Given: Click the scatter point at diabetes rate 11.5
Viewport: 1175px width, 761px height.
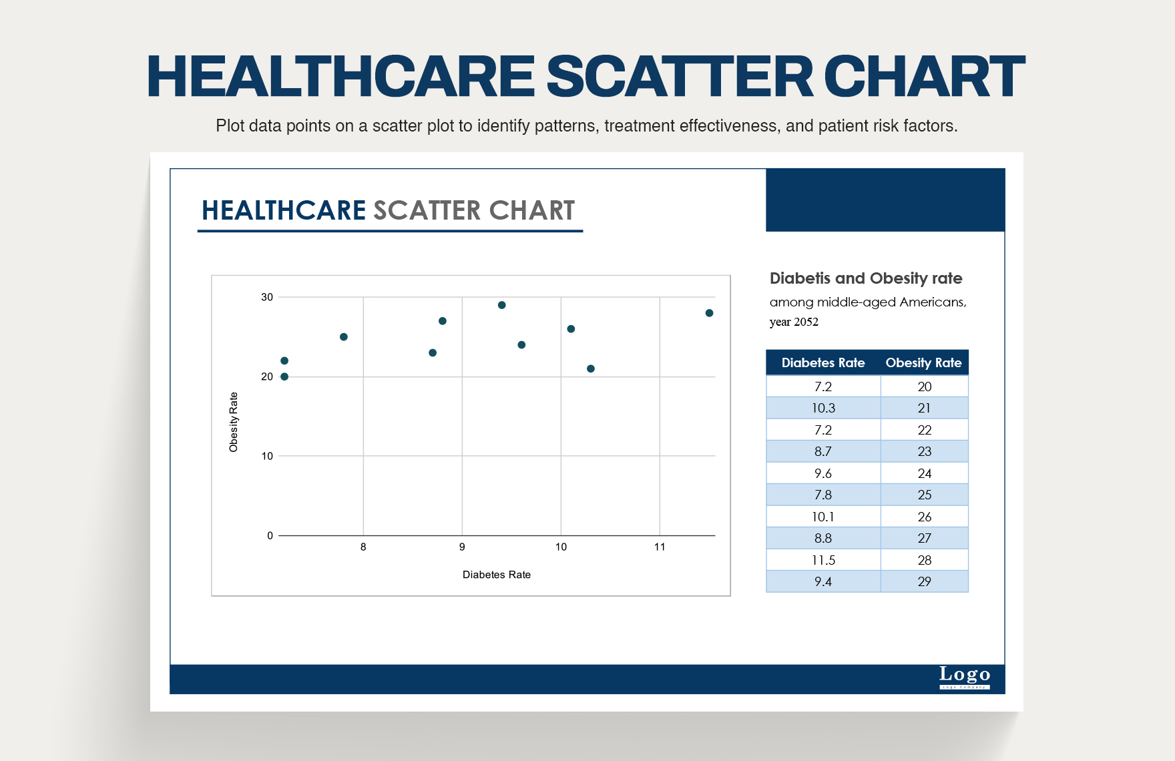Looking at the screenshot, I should pos(709,313).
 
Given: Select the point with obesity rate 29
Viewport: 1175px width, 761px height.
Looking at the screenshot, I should pos(502,305).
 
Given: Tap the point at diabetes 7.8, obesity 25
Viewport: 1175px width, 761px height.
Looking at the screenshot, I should pos(344,337).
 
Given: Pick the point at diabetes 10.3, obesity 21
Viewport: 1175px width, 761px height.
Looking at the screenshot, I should pos(591,368).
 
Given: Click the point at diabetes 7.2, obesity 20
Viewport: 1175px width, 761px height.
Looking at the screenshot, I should pos(284,376).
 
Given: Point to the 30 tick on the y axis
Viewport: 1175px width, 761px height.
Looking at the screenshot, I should pos(267,297).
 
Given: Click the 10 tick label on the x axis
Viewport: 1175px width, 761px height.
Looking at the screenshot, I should pos(561,547).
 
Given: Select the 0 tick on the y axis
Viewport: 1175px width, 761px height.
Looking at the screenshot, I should pos(270,535).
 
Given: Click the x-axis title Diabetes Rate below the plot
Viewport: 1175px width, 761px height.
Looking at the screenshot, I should pos(496,575).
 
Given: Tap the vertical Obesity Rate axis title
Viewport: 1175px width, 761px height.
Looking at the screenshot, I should pos(234,422).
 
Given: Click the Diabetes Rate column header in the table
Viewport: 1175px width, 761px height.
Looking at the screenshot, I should pos(822,362).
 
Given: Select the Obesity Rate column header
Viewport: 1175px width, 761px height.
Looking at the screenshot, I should pos(923,362).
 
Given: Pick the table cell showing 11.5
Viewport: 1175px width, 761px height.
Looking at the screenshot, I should pos(823,560).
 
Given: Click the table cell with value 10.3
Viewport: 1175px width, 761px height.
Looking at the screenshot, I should pos(823,408).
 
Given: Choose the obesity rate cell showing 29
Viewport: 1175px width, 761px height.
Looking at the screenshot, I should pos(924,581).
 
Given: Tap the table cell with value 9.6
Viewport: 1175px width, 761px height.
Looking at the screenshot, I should pos(823,473).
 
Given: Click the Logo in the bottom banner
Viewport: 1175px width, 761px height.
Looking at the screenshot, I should pos(965,675).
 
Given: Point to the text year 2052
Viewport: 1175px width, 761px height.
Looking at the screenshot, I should pos(794,322).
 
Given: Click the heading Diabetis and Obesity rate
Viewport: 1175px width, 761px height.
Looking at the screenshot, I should pos(866,278).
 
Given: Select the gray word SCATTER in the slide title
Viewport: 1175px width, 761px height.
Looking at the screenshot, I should pos(427,210).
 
